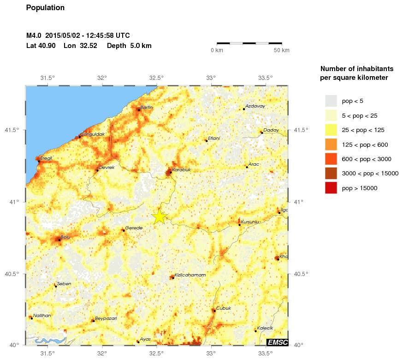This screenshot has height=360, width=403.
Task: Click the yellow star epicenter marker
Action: [x=159, y=216]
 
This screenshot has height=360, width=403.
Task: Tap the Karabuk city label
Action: [x=181, y=170]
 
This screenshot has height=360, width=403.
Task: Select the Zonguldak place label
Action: [x=93, y=134]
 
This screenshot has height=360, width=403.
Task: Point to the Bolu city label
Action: [x=65, y=237]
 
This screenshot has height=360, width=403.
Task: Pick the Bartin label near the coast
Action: [x=147, y=108]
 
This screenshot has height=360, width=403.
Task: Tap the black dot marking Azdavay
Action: [x=243, y=109]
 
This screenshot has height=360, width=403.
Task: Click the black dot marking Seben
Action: [x=56, y=286]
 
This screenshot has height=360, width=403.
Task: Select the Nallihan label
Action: [x=42, y=315]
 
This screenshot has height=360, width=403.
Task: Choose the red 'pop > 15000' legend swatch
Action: [x=331, y=188]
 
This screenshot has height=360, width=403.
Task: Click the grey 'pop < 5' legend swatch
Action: [x=331, y=101]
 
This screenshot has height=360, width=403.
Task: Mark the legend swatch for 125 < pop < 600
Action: [x=331, y=144]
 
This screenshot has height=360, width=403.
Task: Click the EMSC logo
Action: [x=277, y=342]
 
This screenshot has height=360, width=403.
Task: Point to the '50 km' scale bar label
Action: [x=281, y=50]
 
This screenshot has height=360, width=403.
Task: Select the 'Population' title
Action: [x=45, y=8]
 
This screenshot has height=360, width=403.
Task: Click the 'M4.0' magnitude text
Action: [x=34, y=35]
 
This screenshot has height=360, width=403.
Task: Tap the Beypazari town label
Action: [x=107, y=318]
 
